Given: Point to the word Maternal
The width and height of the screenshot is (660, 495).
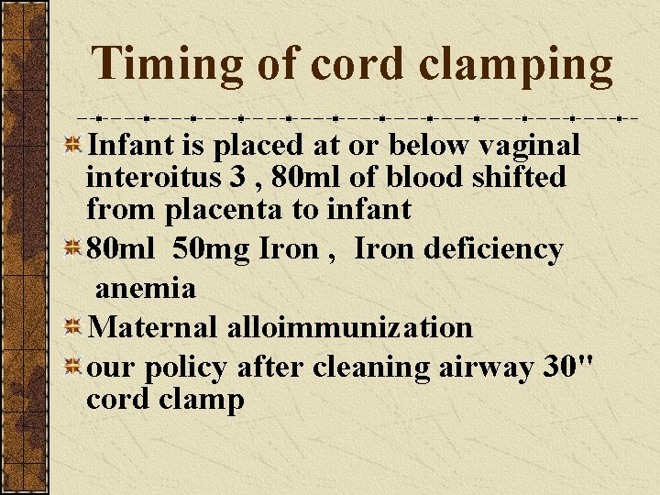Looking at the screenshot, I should coord(153,327).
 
